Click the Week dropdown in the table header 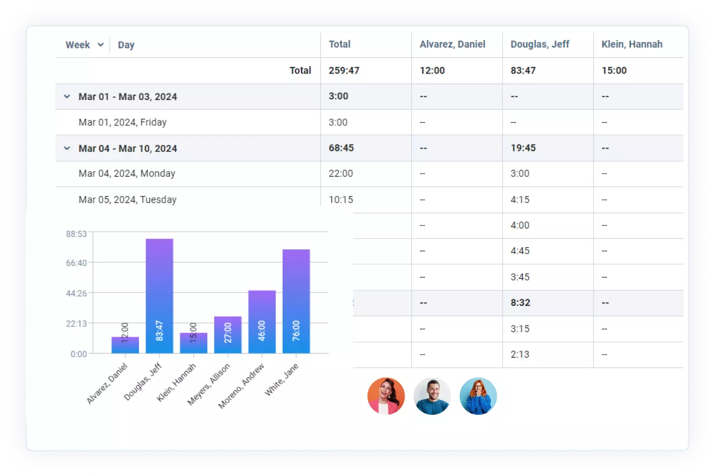pyautogui.click(x=85, y=45)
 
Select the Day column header pyautogui.click(x=126, y=45)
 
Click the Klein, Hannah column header pyautogui.click(x=632, y=45)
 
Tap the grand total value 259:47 pyautogui.click(x=344, y=71)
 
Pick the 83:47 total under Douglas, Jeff pyautogui.click(x=523, y=71)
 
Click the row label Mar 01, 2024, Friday pyautogui.click(x=122, y=122)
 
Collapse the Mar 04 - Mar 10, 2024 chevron pyautogui.click(x=67, y=148)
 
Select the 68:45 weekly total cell pyautogui.click(x=341, y=148)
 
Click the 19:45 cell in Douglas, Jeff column pyautogui.click(x=523, y=148)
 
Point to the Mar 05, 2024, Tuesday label pyautogui.click(x=128, y=200)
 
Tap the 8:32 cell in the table pyautogui.click(x=520, y=303)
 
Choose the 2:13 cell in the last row pyautogui.click(x=520, y=355)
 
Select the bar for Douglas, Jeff pyautogui.click(x=159, y=296)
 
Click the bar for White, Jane pyautogui.click(x=296, y=301)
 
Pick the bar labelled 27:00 pyautogui.click(x=228, y=334)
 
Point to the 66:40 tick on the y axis pyautogui.click(x=76, y=263)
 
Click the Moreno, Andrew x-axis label pyautogui.click(x=241, y=386)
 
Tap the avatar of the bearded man pyautogui.click(x=432, y=396)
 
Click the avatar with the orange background pyautogui.click(x=386, y=396)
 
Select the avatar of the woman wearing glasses pyautogui.click(x=478, y=396)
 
